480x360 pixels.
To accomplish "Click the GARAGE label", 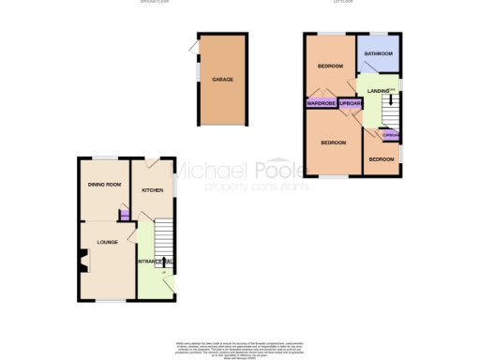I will coord(222,82).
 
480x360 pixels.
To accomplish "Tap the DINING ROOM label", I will coord(106,185).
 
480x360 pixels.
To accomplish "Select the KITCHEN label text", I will coord(152,189).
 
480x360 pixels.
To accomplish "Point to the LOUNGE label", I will coord(106,242).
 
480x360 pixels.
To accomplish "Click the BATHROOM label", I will coord(379,54).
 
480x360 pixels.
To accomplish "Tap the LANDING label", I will coord(379,90).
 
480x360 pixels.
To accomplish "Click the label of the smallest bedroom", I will coord(382,159).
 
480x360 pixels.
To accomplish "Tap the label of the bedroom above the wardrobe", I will coord(330,67).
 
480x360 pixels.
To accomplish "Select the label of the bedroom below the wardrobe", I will coord(333,142).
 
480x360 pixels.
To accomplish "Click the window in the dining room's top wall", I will coord(104,157).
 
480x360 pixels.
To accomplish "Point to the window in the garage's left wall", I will coord(197,72).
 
